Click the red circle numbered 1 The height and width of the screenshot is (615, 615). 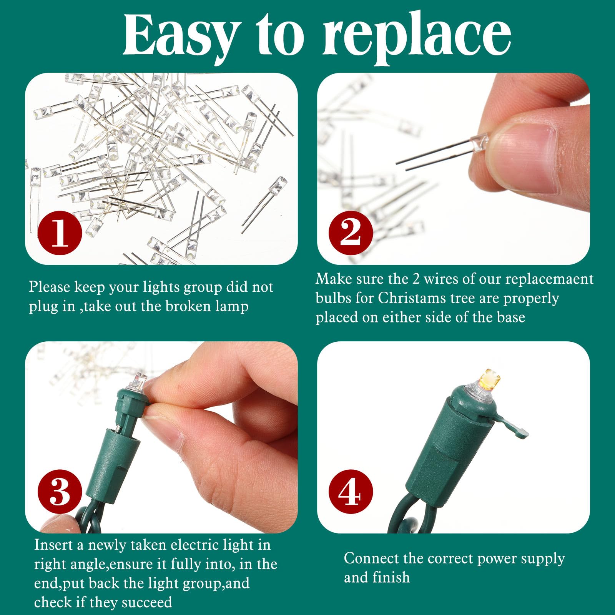click(x=60, y=233)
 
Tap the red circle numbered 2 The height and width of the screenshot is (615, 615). click(x=351, y=233)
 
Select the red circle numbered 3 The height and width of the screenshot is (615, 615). click(x=60, y=492)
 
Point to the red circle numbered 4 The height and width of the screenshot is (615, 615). click(x=351, y=492)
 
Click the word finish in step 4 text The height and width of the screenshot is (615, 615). click(x=392, y=577)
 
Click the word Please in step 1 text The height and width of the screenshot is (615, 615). click(x=49, y=287)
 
